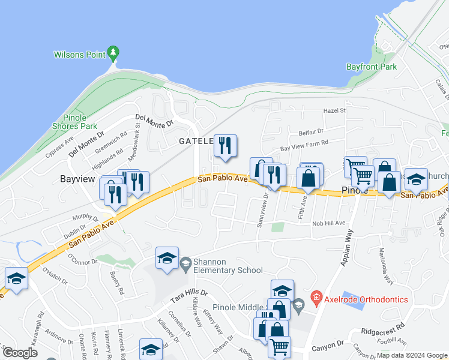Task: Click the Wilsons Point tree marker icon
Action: tap(112, 53)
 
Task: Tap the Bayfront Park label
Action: tap(372, 67)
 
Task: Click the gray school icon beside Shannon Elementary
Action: tap(186, 263)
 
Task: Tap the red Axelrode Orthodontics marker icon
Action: tap(316, 297)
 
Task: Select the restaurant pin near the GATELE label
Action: tap(225, 146)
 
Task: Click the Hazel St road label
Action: tap(335, 111)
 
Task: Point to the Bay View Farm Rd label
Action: tap(305, 146)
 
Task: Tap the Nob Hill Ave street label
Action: tap(328, 223)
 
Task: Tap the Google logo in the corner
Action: tap(20, 353)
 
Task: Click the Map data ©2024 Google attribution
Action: tap(412, 356)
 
